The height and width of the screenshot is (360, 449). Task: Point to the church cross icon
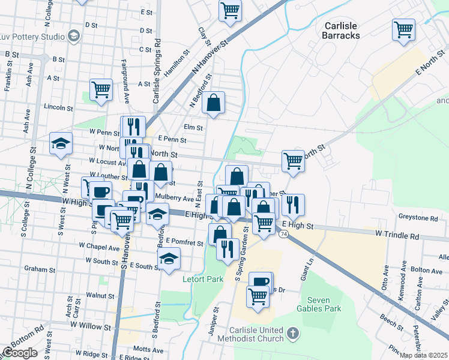[292, 332]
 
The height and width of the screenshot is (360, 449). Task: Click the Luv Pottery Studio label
[32, 36]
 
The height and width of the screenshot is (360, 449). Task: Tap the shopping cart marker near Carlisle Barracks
[404, 29]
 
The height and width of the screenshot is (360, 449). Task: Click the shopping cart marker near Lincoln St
[101, 89]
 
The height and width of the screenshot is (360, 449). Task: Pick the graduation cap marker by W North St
[61, 143]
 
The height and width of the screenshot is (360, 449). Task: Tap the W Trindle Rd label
[397, 236]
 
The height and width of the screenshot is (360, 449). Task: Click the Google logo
[20, 353]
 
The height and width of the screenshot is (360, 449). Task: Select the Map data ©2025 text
[424, 355]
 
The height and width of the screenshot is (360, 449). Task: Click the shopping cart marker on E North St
[293, 160]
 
